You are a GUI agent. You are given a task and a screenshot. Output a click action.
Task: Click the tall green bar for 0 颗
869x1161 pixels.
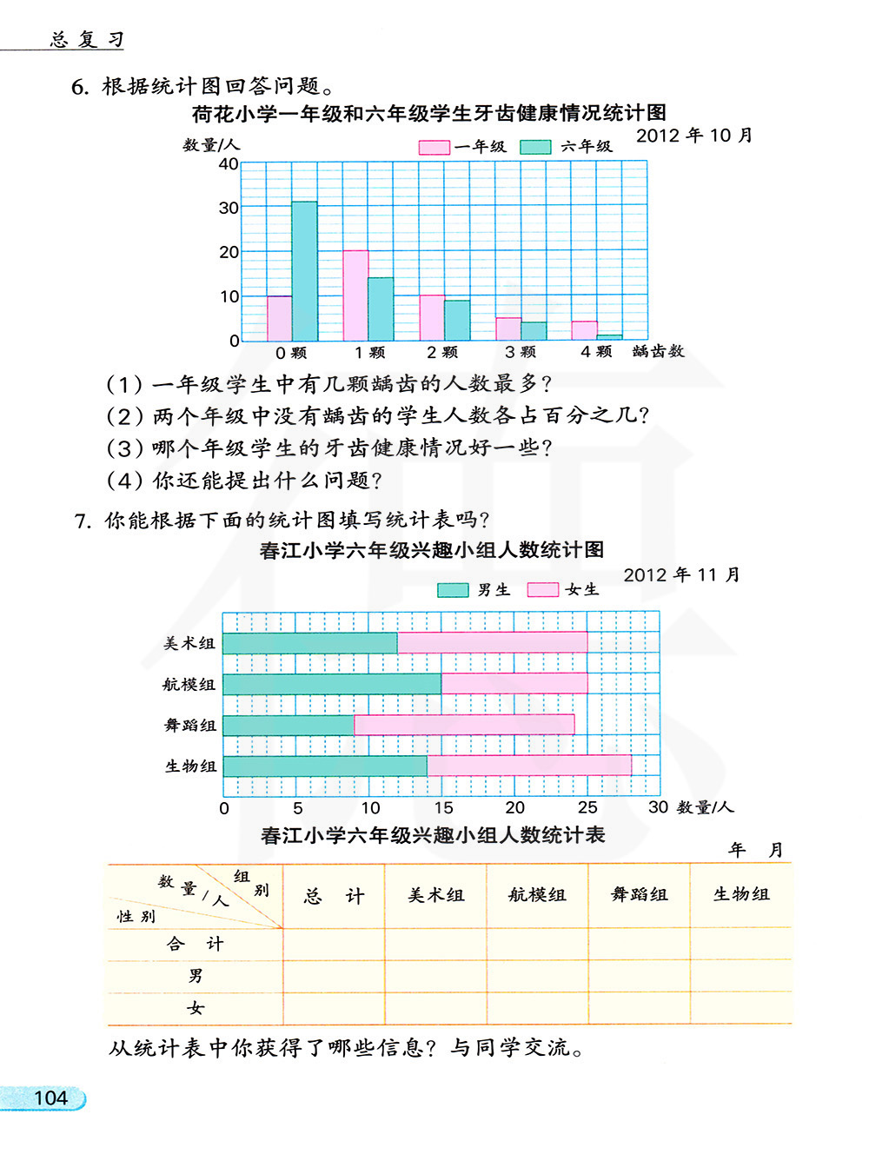pyautogui.click(x=304, y=271)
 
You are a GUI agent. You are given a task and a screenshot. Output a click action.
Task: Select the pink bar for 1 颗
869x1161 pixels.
pyautogui.click(x=355, y=295)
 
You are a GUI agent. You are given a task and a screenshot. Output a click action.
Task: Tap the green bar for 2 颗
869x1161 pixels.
pyautogui.click(x=457, y=320)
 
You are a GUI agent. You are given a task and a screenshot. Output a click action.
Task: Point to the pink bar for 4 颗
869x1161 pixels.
pyautogui.click(x=584, y=331)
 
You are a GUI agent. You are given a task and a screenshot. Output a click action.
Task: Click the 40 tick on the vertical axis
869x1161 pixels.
pyautogui.click(x=229, y=164)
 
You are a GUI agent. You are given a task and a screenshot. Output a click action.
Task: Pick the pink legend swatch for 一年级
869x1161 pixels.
pyautogui.click(x=434, y=148)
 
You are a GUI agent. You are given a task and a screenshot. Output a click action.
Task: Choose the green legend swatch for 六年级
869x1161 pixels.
pyautogui.click(x=535, y=148)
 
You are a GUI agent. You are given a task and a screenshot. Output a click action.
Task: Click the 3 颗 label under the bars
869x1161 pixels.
pyautogui.click(x=520, y=352)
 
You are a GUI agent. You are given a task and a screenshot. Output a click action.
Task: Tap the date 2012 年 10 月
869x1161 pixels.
pyautogui.click(x=693, y=136)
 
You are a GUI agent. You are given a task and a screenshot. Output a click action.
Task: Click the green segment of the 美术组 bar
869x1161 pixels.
pyautogui.click(x=309, y=643)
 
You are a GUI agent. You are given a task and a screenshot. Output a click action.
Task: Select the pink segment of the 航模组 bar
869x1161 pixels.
pyautogui.click(x=514, y=684)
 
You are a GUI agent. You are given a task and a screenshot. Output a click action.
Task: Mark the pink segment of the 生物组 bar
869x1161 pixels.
pyautogui.click(x=528, y=766)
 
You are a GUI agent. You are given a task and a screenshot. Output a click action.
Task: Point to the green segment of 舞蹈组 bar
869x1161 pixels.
pyautogui.click(x=288, y=725)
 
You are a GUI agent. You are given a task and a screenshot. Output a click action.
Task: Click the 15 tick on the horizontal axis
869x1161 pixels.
pyautogui.click(x=442, y=807)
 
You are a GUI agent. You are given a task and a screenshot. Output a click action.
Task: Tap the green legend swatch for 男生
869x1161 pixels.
pyautogui.click(x=452, y=590)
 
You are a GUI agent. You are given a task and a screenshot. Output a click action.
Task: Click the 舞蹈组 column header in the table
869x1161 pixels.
pyautogui.click(x=639, y=895)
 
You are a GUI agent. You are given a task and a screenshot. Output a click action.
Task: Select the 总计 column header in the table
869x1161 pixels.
pyautogui.click(x=334, y=896)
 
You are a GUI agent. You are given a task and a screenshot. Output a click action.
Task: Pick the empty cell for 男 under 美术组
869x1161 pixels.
pyautogui.click(x=435, y=976)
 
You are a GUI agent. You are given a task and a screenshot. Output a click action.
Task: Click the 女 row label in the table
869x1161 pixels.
pyautogui.click(x=195, y=1008)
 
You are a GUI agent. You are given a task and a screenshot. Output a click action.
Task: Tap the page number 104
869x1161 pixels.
pyautogui.click(x=50, y=1098)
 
